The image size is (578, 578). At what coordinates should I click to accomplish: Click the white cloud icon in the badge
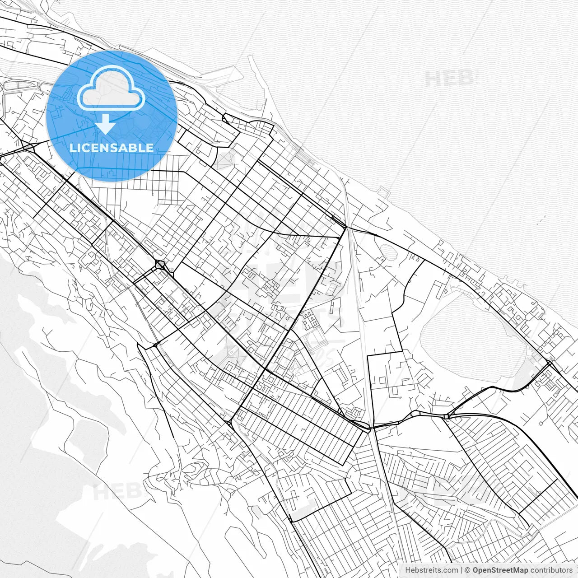(111, 89)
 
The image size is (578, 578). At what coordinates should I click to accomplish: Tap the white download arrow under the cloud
(105, 124)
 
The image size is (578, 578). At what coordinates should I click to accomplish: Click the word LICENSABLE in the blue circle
(112, 148)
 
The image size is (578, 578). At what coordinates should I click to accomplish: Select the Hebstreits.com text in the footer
(431, 570)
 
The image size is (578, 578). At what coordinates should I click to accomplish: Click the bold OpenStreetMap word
(500, 570)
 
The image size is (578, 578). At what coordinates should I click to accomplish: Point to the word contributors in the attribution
(551, 570)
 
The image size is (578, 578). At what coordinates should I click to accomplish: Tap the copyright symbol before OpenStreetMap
(468, 570)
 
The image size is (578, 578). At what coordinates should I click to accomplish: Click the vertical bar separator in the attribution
(461, 570)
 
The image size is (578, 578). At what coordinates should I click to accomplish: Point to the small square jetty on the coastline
(384, 193)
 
